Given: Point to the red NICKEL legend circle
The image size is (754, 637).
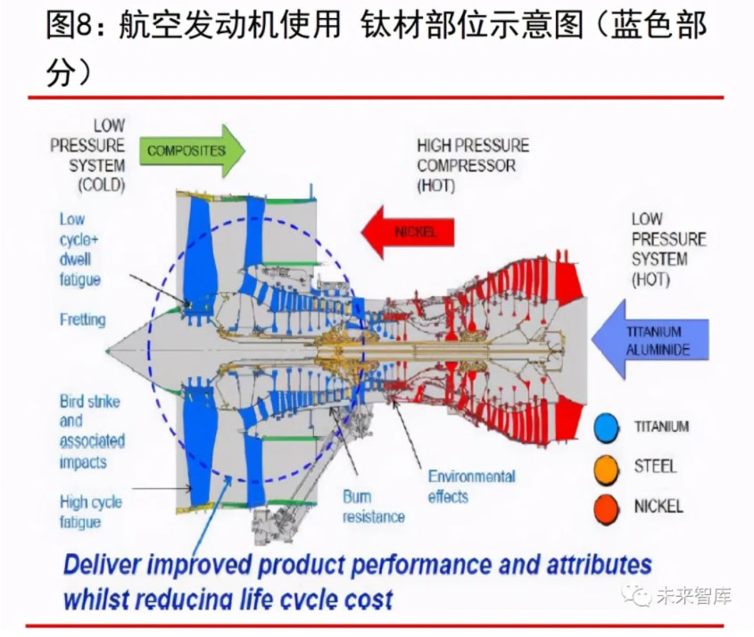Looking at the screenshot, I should [x=608, y=507].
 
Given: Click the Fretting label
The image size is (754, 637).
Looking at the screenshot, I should [x=82, y=319].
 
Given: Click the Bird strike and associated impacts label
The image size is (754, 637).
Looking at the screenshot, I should [x=91, y=432].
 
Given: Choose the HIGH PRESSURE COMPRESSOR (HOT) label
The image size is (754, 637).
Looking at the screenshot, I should [x=473, y=165].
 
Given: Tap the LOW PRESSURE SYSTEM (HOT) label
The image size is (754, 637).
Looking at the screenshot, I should [x=668, y=249].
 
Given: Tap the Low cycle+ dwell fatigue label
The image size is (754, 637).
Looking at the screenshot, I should [x=80, y=249].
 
